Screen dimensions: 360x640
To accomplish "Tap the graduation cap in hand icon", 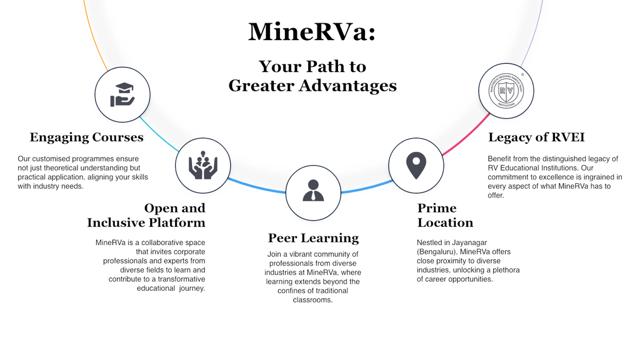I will point(122,95).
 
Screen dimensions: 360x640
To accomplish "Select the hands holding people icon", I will point(202,165).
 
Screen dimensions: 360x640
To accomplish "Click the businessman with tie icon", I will point(313,191).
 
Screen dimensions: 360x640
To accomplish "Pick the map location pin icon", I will point(416,165).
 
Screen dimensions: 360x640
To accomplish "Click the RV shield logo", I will point(506,91).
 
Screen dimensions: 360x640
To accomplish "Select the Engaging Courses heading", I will point(87,137).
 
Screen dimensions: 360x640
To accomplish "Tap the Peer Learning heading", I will point(313,238).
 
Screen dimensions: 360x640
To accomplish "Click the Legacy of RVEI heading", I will point(536,137).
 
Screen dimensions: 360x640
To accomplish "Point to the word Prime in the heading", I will point(437,208).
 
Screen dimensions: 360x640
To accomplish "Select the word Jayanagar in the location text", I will point(469,242).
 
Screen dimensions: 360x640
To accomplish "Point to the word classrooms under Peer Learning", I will point(312,300).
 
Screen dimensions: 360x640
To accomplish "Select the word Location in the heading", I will point(445,223).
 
